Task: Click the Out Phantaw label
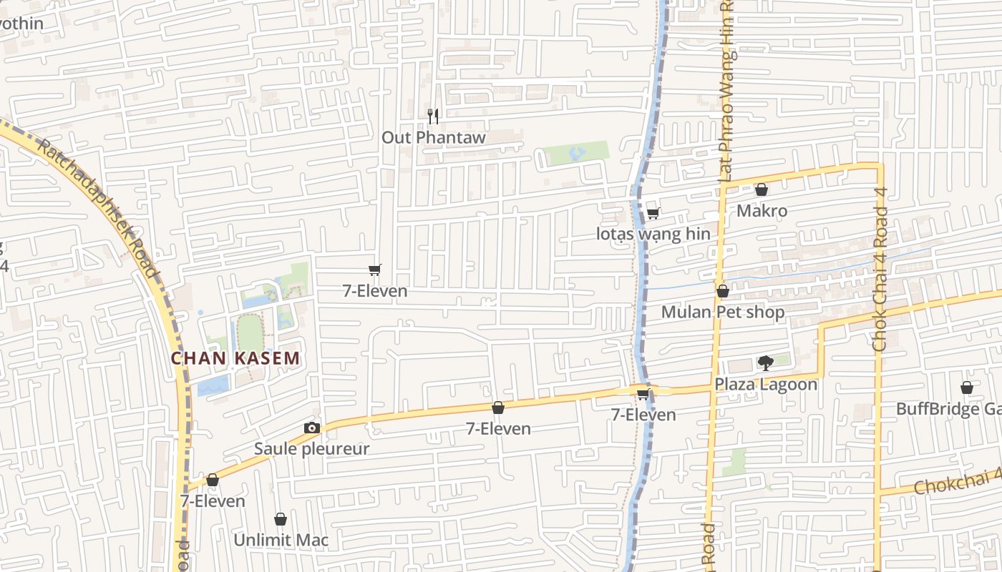433,137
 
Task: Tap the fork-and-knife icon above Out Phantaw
432,116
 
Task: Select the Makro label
762,211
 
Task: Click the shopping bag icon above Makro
762,189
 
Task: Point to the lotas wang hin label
653,234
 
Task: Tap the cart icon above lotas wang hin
653,213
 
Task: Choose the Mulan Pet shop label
722,312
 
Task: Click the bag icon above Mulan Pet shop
722,291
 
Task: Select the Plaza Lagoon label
765,385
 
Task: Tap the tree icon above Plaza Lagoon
765,363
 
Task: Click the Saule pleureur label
312,449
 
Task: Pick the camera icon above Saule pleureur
312,428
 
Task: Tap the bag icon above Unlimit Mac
281,519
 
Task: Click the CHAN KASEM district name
235,358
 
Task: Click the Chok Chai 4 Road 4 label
880,279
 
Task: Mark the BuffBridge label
948,409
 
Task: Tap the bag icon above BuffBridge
966,388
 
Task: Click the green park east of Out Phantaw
576,152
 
